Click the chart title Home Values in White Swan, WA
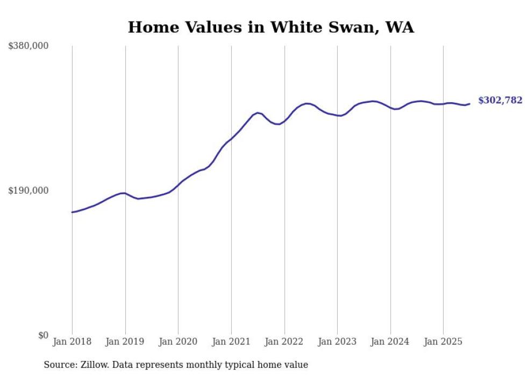click(270, 27)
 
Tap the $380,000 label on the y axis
click(29, 46)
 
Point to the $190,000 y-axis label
click(29, 190)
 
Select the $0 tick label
click(44, 335)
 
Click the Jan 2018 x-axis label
click(72, 342)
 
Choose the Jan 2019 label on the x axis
click(125, 342)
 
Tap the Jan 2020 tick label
click(179, 342)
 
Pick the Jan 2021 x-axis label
click(231, 342)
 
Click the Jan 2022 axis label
click(284, 342)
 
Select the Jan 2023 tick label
click(337, 342)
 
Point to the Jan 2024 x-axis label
click(390, 342)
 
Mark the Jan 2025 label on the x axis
click(443, 342)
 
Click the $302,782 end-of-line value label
click(500, 100)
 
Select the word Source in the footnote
click(59, 365)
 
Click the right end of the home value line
click(469, 104)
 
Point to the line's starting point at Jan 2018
click(72, 212)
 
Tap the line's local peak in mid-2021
click(258, 112)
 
